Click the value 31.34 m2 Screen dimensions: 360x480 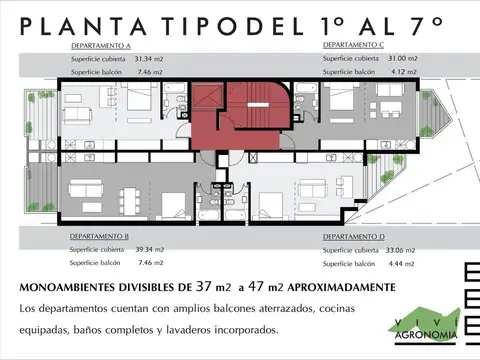coord(150,59)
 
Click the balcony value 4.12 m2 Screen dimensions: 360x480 coord(401,72)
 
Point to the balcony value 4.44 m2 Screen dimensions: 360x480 coord(401,263)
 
